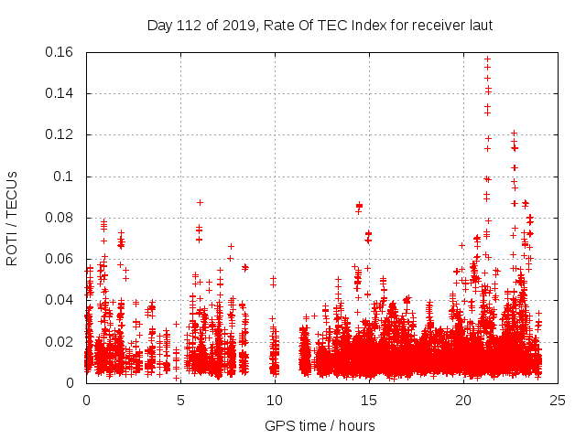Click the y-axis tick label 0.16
pos(61,52)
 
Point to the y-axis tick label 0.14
pos(61,93)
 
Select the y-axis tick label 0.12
pos(61,134)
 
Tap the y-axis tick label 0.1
pos(66,177)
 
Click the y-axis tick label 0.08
pos(61,218)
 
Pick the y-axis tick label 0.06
pos(61,259)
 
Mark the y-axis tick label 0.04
pos(61,300)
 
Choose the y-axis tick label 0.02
pos(61,342)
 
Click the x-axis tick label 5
pos(180,401)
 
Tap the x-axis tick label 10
pos(275,401)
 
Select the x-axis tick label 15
pos(369,401)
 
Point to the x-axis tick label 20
pos(463,401)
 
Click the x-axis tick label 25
pos(558,401)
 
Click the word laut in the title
pos(479,25)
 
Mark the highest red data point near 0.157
pos(487,59)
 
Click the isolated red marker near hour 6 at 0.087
pos(200,202)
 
